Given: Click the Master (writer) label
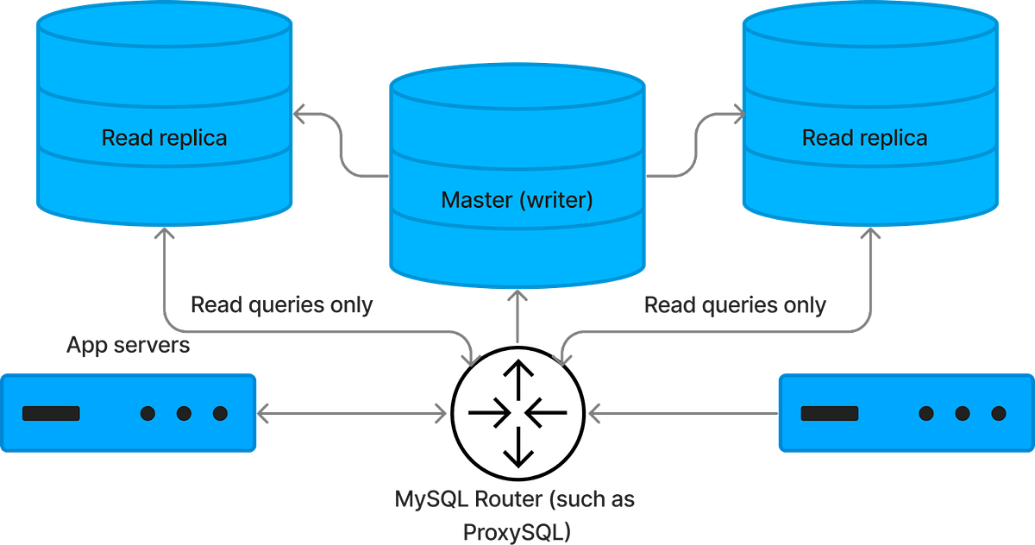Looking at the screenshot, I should (517, 200).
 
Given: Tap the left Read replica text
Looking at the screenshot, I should (164, 137).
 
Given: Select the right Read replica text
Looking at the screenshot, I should (864, 137).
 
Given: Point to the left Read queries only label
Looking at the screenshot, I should (281, 305).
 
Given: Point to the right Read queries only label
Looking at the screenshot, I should (735, 305).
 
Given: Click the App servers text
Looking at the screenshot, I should (129, 347).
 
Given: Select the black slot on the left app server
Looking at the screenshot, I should (51, 414).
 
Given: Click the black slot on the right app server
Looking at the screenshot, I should (829, 414).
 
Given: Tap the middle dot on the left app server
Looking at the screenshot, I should (184, 414).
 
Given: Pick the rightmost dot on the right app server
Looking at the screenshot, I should (998, 414).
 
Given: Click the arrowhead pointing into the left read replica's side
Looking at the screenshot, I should (300, 113).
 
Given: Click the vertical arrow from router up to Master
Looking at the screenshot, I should (517, 317).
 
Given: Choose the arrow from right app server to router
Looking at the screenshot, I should (681, 414).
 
